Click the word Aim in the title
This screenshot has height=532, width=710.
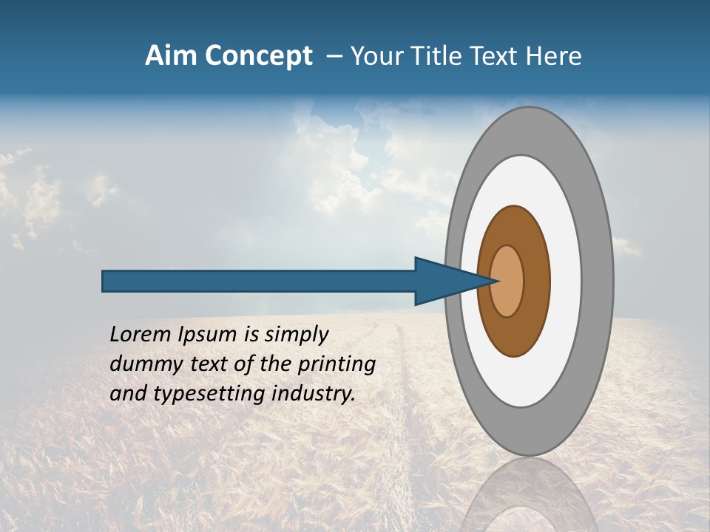(x=171, y=56)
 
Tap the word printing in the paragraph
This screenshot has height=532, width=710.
(x=337, y=364)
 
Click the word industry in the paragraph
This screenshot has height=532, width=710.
(x=314, y=394)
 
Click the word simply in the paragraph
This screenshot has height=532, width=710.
(x=296, y=335)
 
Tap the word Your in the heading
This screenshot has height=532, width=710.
(x=373, y=56)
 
